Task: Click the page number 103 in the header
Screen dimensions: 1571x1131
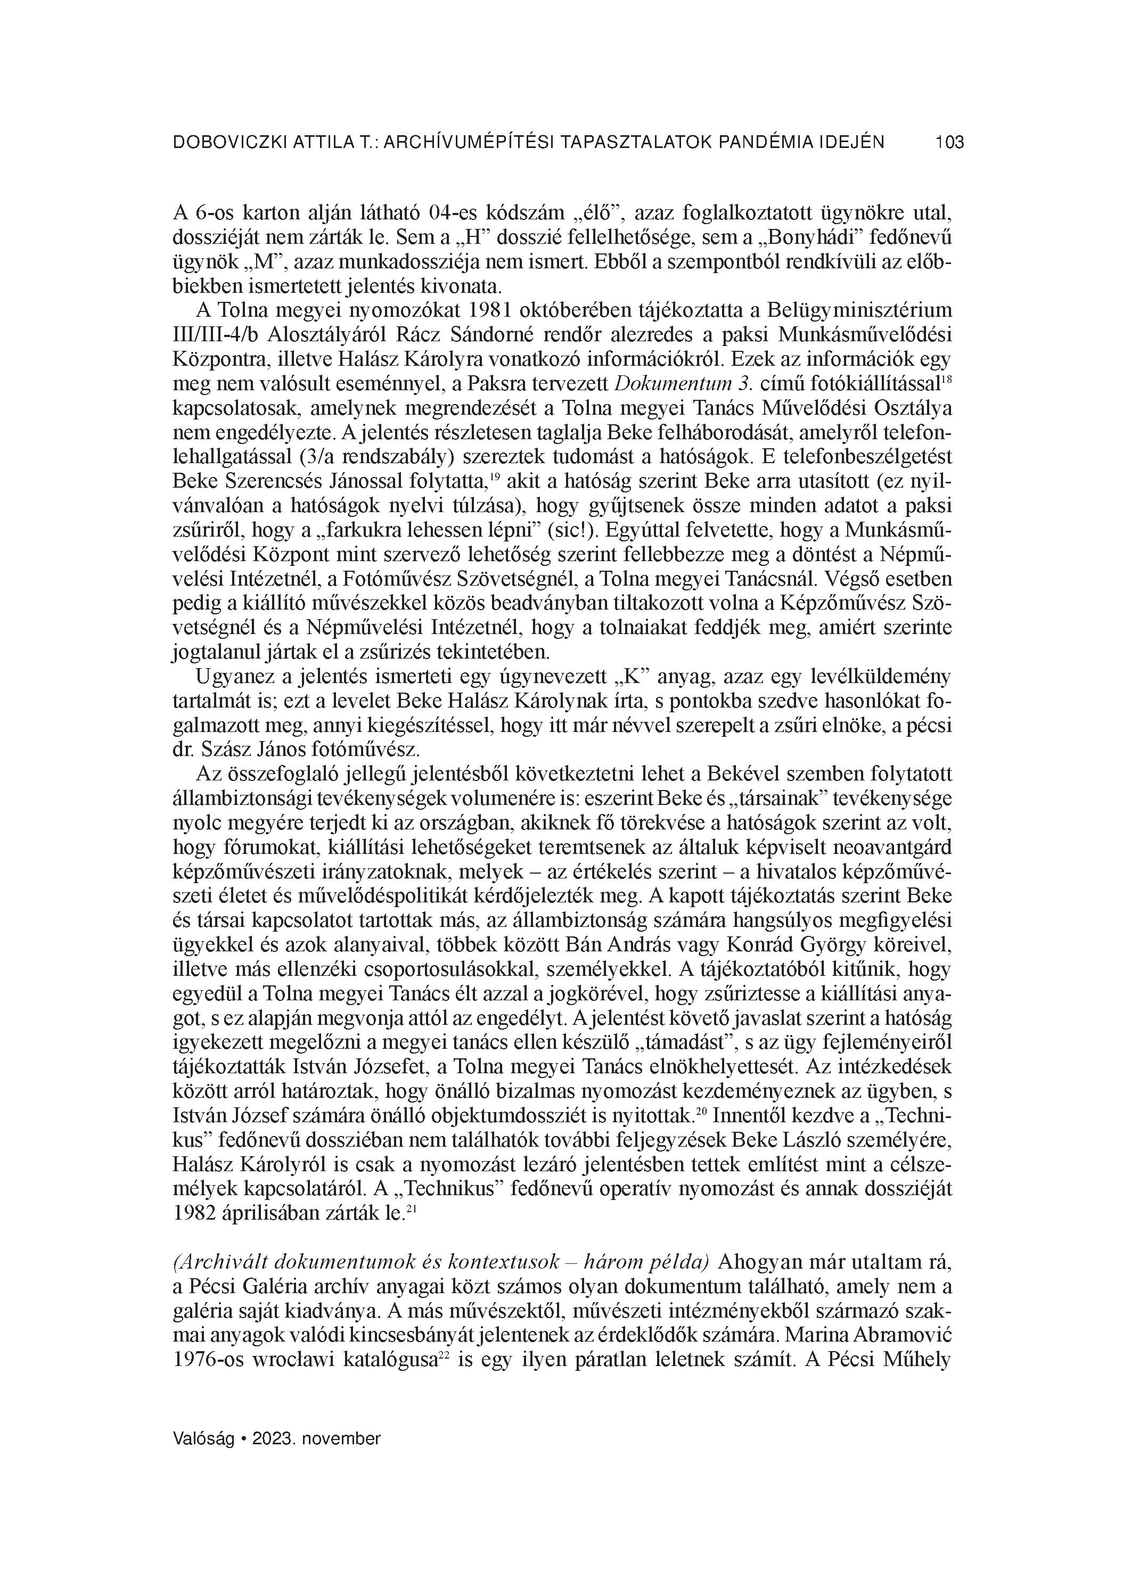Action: [949, 143]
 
